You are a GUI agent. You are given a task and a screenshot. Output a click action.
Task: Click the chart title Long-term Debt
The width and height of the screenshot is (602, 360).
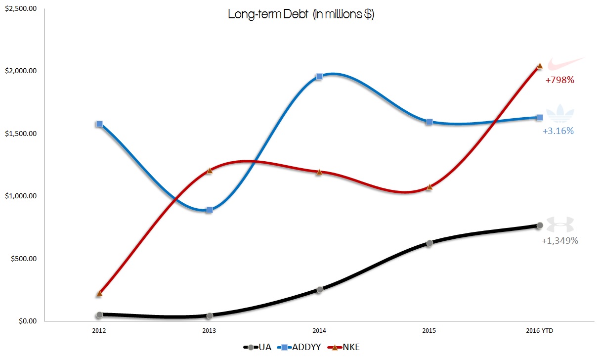pos(301,15)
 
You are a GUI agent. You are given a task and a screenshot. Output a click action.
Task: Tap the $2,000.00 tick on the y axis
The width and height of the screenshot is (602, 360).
pos(20,71)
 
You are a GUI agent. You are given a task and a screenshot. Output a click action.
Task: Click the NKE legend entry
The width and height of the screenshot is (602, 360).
pos(345,347)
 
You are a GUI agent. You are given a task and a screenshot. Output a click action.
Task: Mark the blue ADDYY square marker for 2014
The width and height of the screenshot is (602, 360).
pos(319,77)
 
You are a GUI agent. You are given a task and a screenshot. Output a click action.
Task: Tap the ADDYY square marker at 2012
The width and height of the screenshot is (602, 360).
pos(99,124)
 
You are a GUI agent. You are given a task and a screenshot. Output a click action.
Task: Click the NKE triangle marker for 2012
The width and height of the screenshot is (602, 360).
pos(99,293)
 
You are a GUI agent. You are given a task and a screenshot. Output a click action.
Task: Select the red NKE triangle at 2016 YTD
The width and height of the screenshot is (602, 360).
pos(540,66)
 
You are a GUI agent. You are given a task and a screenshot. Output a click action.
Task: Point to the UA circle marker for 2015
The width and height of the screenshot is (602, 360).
pos(430,243)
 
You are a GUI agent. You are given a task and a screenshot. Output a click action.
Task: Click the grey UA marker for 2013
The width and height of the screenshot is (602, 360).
pos(210,315)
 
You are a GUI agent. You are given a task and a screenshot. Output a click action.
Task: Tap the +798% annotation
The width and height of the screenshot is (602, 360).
pos(559,80)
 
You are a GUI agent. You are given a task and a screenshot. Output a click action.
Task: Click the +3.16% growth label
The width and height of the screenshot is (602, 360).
pos(558,131)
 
